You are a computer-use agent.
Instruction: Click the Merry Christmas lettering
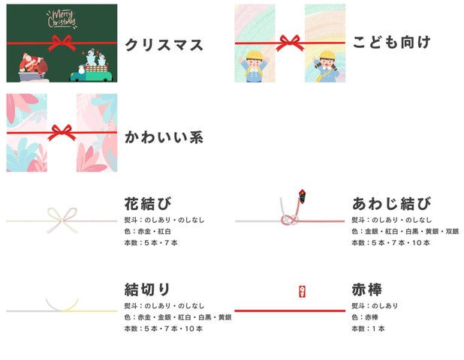click(62, 19)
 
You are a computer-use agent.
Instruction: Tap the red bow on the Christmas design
click(62, 43)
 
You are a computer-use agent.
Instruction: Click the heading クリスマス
click(164, 45)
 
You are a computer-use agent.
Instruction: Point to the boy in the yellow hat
click(254, 65)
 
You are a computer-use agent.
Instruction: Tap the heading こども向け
click(391, 42)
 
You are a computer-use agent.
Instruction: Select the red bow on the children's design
click(290, 43)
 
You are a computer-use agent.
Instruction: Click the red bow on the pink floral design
click(62, 133)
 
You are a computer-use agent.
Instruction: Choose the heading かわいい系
click(164, 137)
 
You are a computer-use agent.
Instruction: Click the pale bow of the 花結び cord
click(62, 220)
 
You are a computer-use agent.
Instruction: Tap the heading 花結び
click(148, 203)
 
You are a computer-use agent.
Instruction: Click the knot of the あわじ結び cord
click(290, 220)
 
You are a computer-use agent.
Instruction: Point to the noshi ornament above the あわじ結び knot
click(302, 196)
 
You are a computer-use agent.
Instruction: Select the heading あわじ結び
click(391, 204)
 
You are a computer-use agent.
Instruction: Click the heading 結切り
click(147, 289)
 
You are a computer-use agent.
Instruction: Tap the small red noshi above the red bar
click(302, 292)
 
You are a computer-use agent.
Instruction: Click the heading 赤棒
click(367, 289)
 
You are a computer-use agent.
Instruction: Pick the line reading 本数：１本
click(368, 328)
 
